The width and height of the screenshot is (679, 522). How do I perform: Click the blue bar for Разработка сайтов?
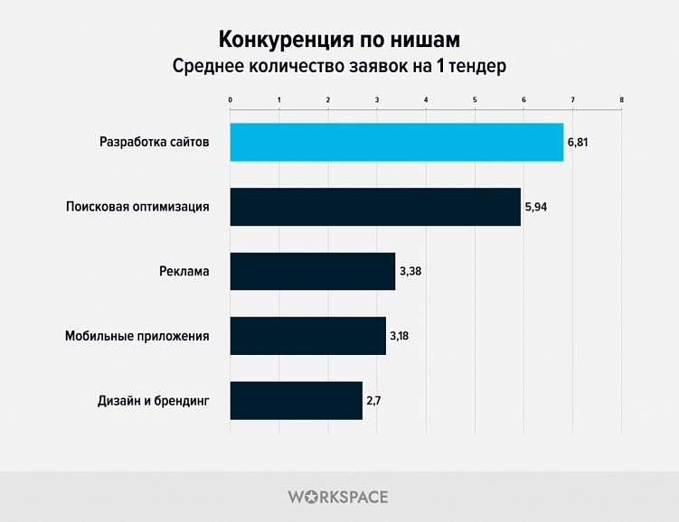tap(396, 142)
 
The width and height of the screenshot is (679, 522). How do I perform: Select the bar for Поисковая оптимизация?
tap(375, 207)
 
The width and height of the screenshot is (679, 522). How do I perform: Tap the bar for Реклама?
tap(312, 271)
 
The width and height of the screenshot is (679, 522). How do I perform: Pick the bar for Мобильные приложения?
tap(307, 336)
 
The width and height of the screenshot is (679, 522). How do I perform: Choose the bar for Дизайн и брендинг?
tap(296, 400)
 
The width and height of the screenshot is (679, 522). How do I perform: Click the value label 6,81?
tap(578, 143)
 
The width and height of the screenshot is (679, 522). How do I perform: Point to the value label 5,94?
tap(536, 207)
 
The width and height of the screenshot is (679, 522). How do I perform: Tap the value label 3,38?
tap(411, 271)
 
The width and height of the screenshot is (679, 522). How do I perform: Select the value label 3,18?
tap(401, 336)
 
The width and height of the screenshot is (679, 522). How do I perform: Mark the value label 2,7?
tap(374, 400)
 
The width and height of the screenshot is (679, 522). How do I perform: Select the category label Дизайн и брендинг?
tap(153, 400)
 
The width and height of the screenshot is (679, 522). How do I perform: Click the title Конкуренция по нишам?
tap(339, 40)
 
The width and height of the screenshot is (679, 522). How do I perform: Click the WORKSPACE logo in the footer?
tap(338, 497)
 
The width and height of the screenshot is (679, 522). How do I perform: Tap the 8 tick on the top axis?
tap(621, 98)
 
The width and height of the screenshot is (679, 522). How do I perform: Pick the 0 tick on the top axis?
tap(231, 98)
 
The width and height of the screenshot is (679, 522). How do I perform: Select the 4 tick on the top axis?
tap(426, 98)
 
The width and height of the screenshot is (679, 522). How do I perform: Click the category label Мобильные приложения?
tap(137, 336)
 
